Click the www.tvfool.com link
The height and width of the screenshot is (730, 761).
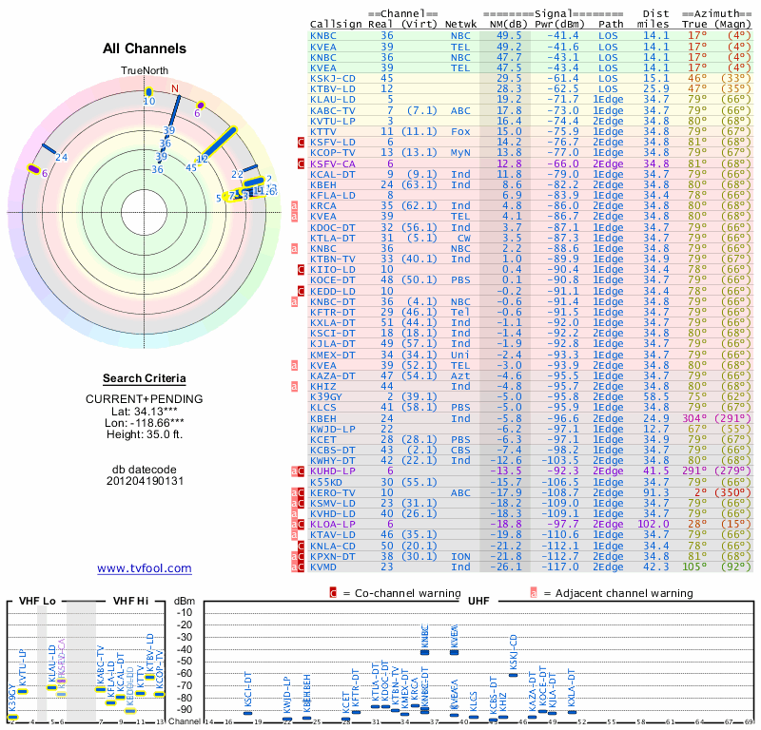tap(145, 568)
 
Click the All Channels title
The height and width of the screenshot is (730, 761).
tap(145, 48)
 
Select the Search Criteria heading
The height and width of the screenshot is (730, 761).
tap(145, 378)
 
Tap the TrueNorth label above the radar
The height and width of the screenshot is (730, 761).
tap(145, 71)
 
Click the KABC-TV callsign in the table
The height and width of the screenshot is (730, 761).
tap(333, 110)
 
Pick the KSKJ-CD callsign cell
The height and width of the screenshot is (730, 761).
tap(333, 78)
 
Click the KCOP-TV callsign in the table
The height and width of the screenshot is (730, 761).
tap(333, 152)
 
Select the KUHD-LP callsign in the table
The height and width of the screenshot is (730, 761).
tap(333, 471)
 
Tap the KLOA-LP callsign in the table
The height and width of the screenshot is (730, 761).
tap(333, 524)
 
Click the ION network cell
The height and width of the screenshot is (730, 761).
tap(460, 556)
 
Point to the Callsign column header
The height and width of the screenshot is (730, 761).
tap(337, 24)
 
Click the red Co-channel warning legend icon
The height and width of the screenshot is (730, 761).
tap(333, 593)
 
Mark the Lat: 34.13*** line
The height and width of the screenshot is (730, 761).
tap(145, 411)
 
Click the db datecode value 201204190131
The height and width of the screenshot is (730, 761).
tap(145, 481)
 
